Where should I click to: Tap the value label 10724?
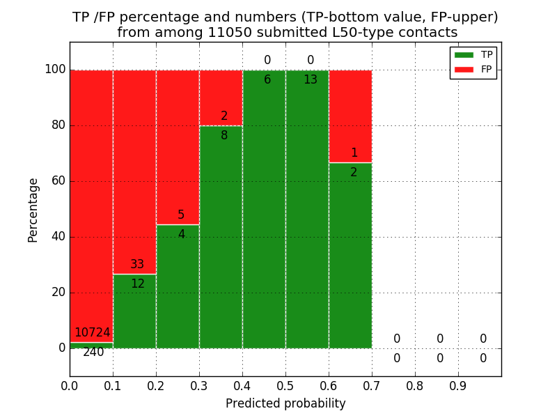tap(92, 333)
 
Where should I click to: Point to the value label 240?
tap(93, 353)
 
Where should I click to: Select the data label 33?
tap(137, 265)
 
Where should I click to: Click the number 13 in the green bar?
tap(311, 80)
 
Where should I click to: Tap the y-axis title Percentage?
tap(33, 210)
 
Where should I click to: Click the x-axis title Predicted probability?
tap(285, 403)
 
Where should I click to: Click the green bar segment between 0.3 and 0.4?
tap(221, 237)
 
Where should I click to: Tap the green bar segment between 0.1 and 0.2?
tap(134, 313)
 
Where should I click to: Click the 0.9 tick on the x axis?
tap(458, 385)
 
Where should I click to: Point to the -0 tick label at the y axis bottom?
tap(62, 348)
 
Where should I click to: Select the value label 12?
tap(138, 284)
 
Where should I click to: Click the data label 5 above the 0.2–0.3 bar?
tap(181, 215)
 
